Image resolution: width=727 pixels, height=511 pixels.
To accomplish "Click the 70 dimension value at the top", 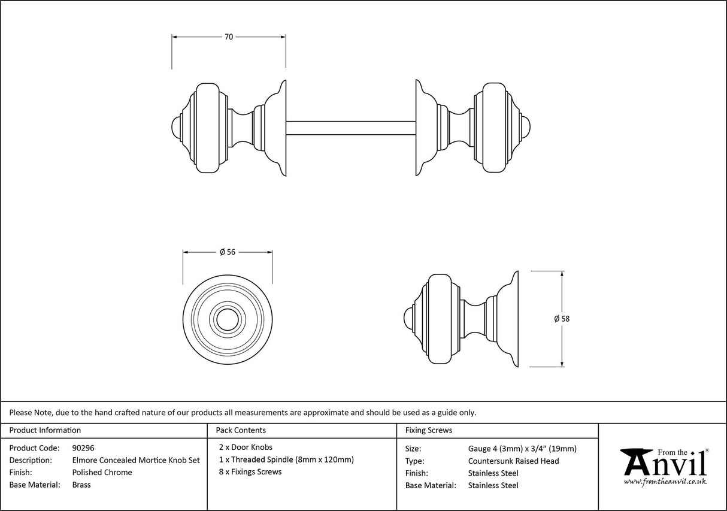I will pos(228,37).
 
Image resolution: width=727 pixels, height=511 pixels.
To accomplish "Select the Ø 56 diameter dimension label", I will pos(227,252).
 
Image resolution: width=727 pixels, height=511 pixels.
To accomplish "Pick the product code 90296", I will pos(83,447).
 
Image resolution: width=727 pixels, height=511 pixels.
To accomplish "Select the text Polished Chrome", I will pos(102,472).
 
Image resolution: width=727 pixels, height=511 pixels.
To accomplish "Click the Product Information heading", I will pos(45,430).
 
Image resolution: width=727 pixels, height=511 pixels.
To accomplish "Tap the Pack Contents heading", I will pos(241,430).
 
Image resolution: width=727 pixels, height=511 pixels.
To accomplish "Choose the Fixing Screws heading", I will pos(429,430).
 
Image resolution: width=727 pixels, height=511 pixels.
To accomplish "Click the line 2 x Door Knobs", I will pos(246,447).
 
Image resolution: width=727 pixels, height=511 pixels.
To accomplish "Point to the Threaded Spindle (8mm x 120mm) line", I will pos(287,459).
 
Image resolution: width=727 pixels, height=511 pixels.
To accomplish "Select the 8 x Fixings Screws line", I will pos(250,471).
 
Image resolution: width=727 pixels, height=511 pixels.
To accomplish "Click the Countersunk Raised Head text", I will pos(513,461).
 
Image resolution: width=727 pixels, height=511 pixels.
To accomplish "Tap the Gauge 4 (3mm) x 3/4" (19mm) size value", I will pos(522,449).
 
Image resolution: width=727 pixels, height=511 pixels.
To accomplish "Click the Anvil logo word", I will pos(664,464).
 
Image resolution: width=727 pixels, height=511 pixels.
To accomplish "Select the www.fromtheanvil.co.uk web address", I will pos(665,482).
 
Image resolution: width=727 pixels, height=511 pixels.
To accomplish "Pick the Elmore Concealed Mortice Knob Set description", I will pos(136,460).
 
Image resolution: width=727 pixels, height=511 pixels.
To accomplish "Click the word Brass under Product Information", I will pos(81,485).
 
